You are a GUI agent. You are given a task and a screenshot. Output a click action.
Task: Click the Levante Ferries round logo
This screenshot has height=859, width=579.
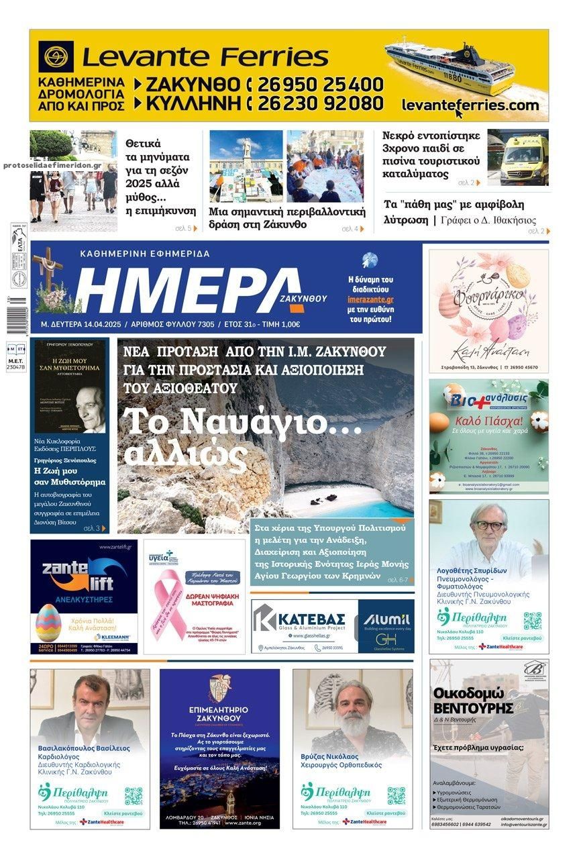click(x=56, y=57)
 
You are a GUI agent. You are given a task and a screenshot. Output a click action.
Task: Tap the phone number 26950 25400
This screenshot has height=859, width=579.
click(x=320, y=85)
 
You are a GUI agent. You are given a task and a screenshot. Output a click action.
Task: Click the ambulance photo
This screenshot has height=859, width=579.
click(x=517, y=158)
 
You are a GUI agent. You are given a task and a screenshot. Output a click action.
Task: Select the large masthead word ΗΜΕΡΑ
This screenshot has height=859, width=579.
click(x=189, y=289)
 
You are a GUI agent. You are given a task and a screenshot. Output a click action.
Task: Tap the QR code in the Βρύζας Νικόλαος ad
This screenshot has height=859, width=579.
click(x=396, y=795)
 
